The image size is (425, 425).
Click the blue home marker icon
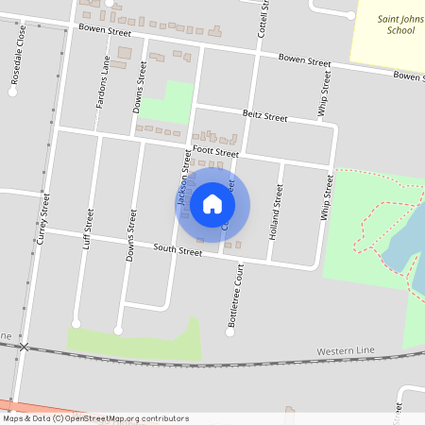(x=212, y=203)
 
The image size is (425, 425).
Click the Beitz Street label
(x=264, y=116)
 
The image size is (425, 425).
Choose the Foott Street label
(x=216, y=151)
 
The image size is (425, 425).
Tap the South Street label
(x=178, y=252)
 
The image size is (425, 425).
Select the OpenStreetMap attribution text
(x=95, y=418)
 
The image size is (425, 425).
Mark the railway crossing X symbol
(x=25, y=348)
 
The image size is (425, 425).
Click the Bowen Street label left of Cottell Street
(x=104, y=31)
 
